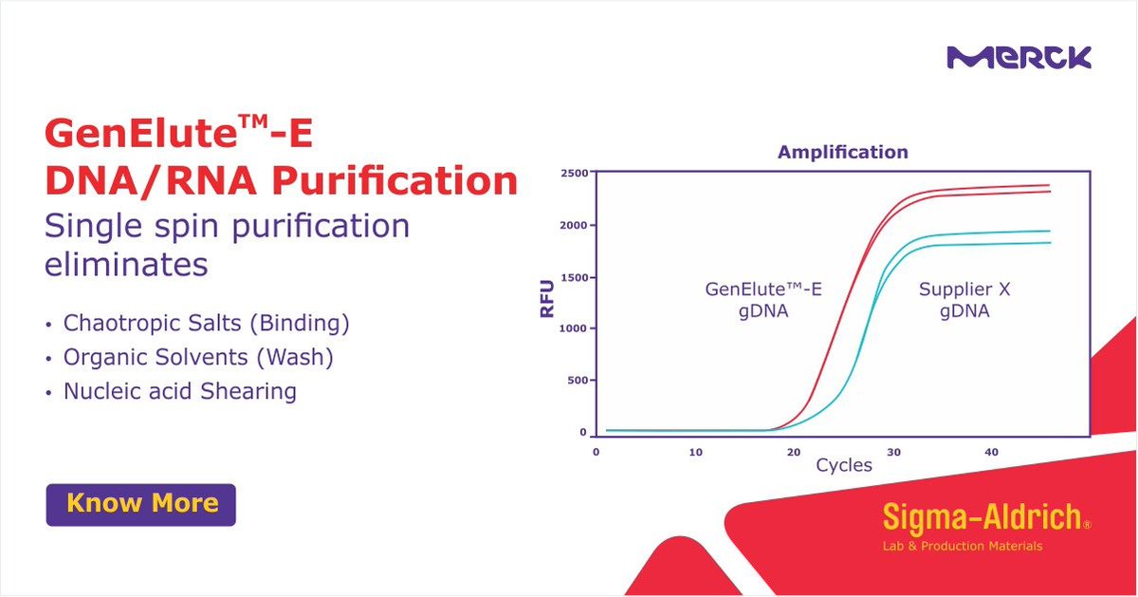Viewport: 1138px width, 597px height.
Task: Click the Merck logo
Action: click(x=1019, y=58)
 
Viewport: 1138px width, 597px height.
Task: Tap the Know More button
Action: click(x=141, y=504)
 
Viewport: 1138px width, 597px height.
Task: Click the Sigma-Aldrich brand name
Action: click(x=982, y=517)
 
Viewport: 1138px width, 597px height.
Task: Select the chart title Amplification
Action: click(x=842, y=152)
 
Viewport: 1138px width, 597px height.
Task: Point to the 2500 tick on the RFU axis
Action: click(x=572, y=174)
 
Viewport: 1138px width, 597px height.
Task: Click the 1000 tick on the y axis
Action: click(x=572, y=328)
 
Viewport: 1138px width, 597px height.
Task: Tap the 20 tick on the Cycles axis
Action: click(x=794, y=453)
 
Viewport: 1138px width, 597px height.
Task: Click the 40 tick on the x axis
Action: click(x=992, y=453)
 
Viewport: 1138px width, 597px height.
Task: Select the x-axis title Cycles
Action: click(x=843, y=467)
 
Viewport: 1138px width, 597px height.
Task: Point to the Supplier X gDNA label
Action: click(x=964, y=300)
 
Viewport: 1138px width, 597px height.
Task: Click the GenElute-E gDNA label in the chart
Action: click(x=763, y=300)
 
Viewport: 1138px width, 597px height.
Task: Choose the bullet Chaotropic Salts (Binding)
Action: click(x=206, y=324)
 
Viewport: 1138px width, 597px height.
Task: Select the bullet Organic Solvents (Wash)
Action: click(x=198, y=358)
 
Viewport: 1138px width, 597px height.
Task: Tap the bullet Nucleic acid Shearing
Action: click(x=179, y=391)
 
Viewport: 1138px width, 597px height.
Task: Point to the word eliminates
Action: click(x=126, y=264)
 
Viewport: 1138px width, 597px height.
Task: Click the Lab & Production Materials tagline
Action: click(x=962, y=546)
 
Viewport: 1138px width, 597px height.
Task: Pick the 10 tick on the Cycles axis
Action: click(x=695, y=453)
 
